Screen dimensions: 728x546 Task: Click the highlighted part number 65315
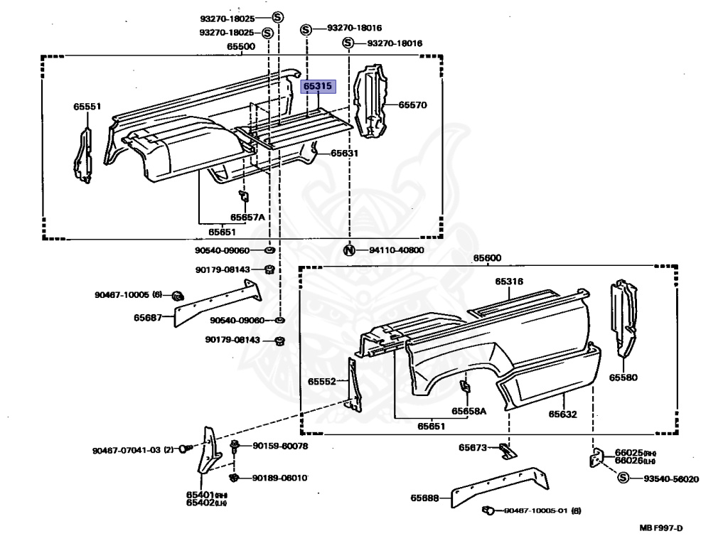(x=318, y=86)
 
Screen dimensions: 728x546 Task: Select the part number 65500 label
(x=241, y=46)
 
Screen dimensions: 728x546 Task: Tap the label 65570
(x=412, y=105)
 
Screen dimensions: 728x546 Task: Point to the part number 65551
(x=87, y=107)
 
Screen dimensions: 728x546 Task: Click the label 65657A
(x=247, y=217)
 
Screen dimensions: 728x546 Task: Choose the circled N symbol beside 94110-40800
(x=349, y=250)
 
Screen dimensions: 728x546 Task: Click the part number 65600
(x=487, y=257)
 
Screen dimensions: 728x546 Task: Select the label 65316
(x=509, y=282)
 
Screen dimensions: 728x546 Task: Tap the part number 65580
(x=623, y=378)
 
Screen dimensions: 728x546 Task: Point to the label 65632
(x=562, y=414)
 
